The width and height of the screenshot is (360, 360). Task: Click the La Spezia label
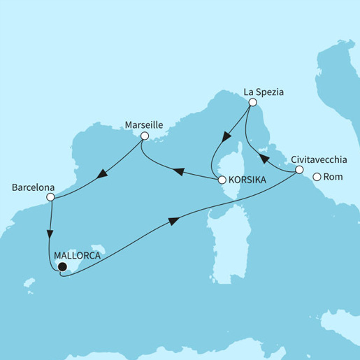pyautogui.click(x=264, y=90)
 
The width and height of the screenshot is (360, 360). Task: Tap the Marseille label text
pyautogui.click(x=143, y=124)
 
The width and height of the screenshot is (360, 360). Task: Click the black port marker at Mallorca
pyautogui.click(x=62, y=266)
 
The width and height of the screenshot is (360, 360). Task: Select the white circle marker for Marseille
pyautogui.click(x=144, y=136)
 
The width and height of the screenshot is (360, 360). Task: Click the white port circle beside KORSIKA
pyautogui.click(x=222, y=180)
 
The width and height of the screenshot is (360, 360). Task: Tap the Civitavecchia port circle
pyautogui.click(x=299, y=170)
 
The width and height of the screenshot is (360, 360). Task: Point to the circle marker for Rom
pyautogui.click(x=317, y=177)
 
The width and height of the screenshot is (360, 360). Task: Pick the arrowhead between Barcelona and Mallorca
pyautogui.click(x=50, y=232)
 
